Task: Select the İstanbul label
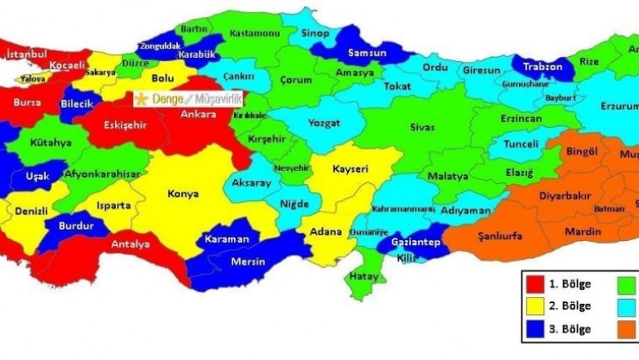pos(25,54)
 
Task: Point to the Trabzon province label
pos(542,67)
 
